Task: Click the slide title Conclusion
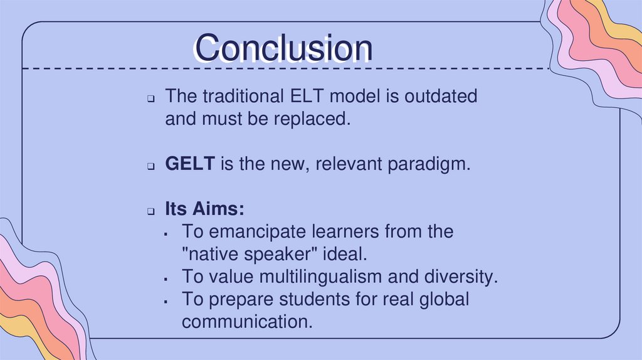coord(283,48)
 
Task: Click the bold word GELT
coord(191,165)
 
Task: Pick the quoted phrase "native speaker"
coord(243,255)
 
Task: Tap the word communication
coord(246,322)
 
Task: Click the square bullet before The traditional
coord(152,99)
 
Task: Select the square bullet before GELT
coord(152,167)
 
